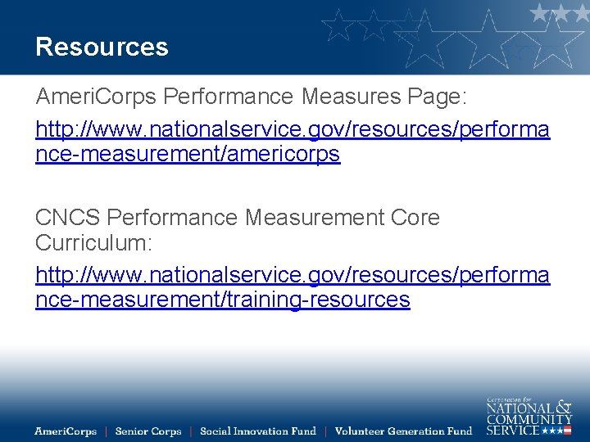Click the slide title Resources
click(x=102, y=47)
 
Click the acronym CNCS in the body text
click(x=68, y=218)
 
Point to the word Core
click(x=415, y=218)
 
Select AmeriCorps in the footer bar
click(x=66, y=431)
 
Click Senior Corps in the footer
click(x=148, y=431)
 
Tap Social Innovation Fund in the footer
click(x=257, y=431)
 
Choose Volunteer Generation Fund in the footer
click(x=403, y=431)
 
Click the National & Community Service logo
click(x=529, y=416)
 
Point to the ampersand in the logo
click(x=564, y=406)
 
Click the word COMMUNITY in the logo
click(x=529, y=419)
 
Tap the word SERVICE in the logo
click(x=513, y=430)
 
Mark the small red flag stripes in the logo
click(x=566, y=431)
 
